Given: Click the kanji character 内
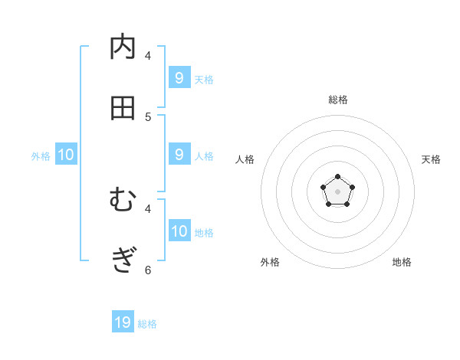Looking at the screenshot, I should click(x=123, y=47).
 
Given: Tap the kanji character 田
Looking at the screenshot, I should click(x=123, y=108).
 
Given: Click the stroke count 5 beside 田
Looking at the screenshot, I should click(x=148, y=116).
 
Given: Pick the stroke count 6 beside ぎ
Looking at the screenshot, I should click(x=148, y=269).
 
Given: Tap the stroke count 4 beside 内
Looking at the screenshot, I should click(x=148, y=55).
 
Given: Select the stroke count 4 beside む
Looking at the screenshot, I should click(x=148, y=208).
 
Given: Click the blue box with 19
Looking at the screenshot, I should click(x=123, y=322).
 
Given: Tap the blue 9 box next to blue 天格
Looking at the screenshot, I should click(x=179, y=77).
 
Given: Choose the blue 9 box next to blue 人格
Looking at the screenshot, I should click(x=179, y=154).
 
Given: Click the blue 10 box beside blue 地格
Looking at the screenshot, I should click(x=179, y=231).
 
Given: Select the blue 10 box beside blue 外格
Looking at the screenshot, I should click(x=66, y=155).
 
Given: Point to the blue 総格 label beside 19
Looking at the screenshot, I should click(x=147, y=324).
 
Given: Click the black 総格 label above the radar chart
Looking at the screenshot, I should click(x=337, y=100).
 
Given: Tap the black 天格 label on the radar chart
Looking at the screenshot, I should click(x=431, y=159).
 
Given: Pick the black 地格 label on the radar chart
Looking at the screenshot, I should click(x=402, y=262).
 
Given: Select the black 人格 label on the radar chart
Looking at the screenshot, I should click(x=245, y=159).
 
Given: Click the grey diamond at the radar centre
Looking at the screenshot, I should click(x=337, y=191).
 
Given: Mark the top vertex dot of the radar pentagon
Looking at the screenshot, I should click(x=337, y=177).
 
